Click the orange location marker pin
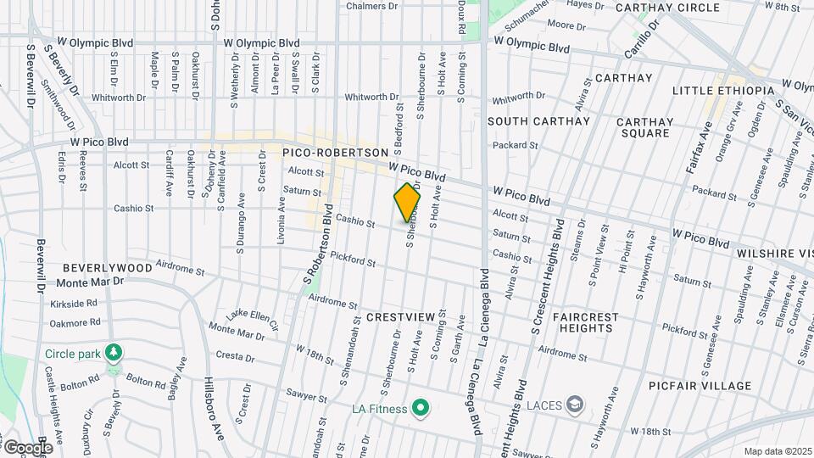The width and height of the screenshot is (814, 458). point(408,204)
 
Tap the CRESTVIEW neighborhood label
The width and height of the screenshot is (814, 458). point(400,316)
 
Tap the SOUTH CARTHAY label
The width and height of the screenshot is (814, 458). point(538,121)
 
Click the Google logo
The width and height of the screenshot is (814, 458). point(27,447)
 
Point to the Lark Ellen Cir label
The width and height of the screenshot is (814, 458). point(252,319)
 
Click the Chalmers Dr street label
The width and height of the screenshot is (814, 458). point(372,6)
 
